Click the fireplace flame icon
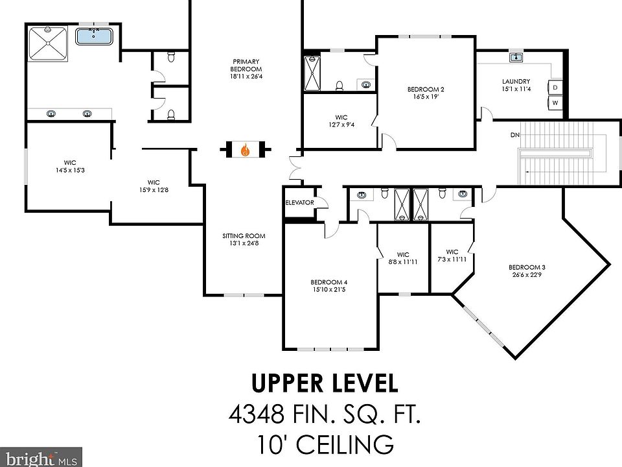click(246, 150)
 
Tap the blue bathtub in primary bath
click(93, 36)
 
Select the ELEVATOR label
click(300, 202)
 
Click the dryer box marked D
click(555, 88)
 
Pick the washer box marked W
click(555, 103)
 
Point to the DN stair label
click(515, 135)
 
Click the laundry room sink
click(516, 58)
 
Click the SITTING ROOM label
click(244, 236)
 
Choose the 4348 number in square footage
click(257, 414)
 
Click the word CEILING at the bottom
click(345, 444)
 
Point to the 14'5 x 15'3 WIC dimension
click(70, 171)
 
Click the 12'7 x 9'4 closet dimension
click(341, 125)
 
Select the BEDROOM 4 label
click(329, 282)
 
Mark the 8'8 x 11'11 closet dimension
click(403, 262)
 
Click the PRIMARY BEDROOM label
click(246, 65)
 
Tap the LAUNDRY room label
click(516, 82)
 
